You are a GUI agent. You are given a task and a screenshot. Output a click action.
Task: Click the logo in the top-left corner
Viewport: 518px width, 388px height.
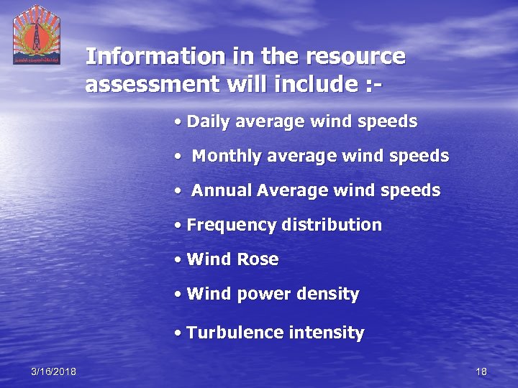tap(37, 34)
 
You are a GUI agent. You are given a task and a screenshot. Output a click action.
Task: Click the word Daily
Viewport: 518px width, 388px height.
tap(207, 121)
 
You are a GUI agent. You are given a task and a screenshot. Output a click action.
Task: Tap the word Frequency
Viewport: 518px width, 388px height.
tap(231, 225)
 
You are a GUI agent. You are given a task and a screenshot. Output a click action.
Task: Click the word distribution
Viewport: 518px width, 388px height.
tap(332, 225)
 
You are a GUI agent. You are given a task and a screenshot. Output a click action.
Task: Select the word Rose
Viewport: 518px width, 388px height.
tap(258, 259)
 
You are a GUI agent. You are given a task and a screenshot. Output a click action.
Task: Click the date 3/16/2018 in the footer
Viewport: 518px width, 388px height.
tap(54, 371)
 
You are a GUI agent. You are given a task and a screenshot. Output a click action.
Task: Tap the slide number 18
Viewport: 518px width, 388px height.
tap(481, 371)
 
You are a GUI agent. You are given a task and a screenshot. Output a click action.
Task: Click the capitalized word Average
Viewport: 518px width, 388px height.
tap(286, 190)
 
